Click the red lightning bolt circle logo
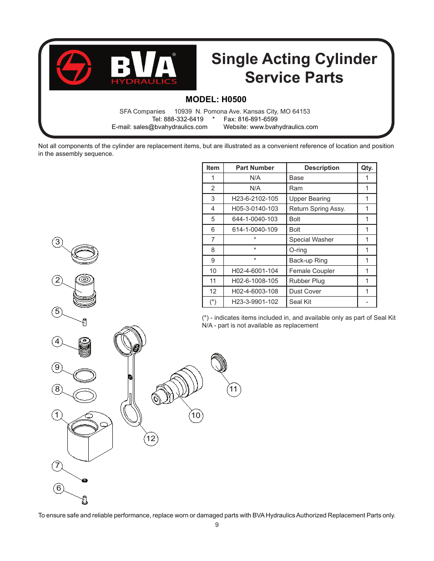coord(74,67)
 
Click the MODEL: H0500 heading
coord(216,99)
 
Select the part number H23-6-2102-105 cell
coord(255,199)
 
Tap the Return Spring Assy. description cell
coord(321,209)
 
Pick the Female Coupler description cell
coord(321,271)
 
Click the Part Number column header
coord(255,168)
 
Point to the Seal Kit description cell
coord(321,302)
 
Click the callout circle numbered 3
coord(57,242)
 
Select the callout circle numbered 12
coord(151,439)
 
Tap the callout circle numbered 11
coord(234,389)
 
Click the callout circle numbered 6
coord(59,488)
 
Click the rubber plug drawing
coord(219,362)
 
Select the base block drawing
coord(90,436)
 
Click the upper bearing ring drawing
coord(85,254)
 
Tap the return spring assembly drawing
coord(85,348)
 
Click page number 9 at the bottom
coord(217,525)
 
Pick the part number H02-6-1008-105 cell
coord(255,281)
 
